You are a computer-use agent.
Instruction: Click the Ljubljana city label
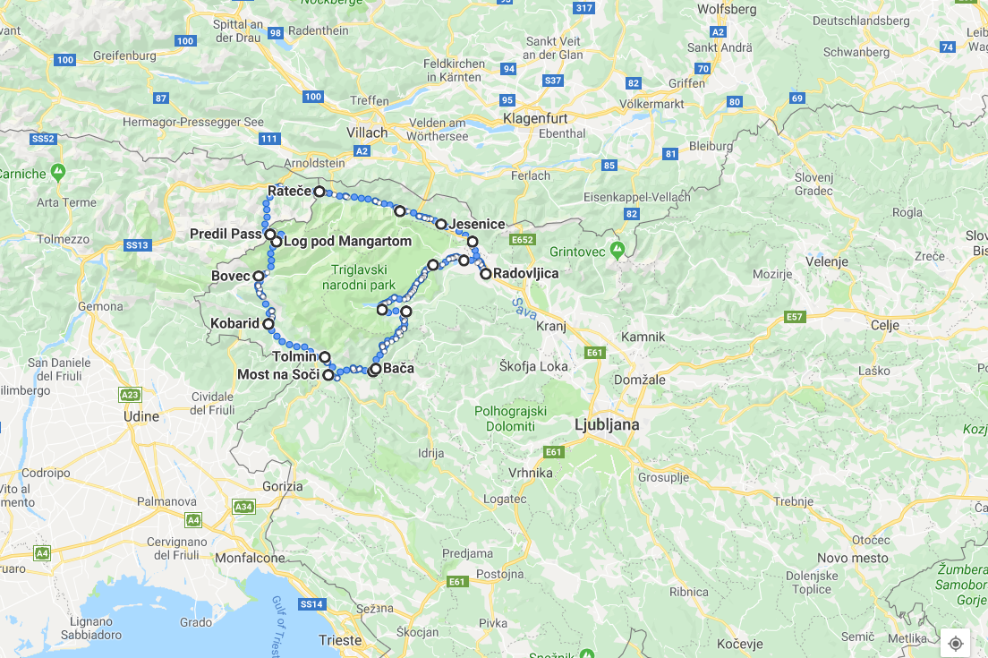[607, 424]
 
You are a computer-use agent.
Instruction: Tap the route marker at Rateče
[319, 192]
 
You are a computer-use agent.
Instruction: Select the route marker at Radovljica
[486, 274]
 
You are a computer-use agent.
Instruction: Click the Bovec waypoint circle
[259, 277]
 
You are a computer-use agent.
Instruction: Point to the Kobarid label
[234, 323]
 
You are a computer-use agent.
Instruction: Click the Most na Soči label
[277, 374]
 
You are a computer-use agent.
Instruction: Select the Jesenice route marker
[441, 224]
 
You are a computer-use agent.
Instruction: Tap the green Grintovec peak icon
[616, 247]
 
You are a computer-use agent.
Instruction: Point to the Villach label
[368, 132]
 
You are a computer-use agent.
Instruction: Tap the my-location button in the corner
[955, 643]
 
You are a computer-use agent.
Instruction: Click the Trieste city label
[340, 640]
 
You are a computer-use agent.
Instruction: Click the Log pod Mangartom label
[347, 242]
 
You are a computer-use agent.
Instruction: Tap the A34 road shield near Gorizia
[243, 507]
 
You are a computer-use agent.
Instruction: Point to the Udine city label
[141, 416]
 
